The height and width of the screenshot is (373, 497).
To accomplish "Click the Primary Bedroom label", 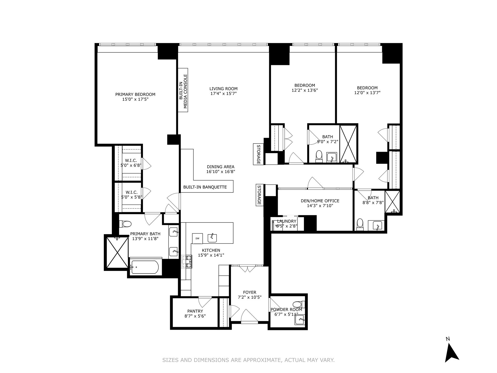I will click(135, 94).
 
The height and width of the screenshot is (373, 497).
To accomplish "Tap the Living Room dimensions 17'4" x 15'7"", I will click(223, 94).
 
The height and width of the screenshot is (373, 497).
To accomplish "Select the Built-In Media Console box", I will click(183, 90).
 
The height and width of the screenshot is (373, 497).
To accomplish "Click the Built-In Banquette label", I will click(205, 187).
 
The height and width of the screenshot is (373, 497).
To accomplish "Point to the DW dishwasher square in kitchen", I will click(197, 238).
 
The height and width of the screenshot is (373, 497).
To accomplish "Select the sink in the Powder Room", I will click(299, 320).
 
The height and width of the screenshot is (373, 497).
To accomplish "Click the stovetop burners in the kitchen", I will click(187, 261).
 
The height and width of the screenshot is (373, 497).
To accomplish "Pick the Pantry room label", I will click(195, 311).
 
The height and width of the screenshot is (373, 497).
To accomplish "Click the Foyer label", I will click(250, 292).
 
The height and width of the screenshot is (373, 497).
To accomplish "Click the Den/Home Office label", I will click(320, 201).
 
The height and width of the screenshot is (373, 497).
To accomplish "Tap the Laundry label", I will click(287, 221).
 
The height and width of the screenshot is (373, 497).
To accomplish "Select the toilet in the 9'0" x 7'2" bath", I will click(319, 156).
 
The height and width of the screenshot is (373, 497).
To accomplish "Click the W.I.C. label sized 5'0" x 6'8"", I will click(131, 161).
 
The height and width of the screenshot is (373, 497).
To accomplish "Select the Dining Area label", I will click(221, 167).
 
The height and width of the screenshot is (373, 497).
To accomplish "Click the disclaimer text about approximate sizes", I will click(248, 360).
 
